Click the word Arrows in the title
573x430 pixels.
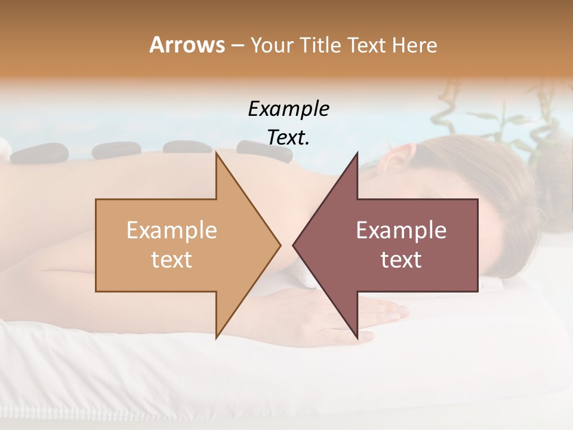(186, 45)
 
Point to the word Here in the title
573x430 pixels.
(415, 45)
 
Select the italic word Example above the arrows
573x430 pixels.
(288, 109)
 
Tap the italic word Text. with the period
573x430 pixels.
(288, 137)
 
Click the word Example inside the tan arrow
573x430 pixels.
(172, 231)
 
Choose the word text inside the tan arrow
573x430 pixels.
(172, 260)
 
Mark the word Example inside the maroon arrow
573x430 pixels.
(401, 231)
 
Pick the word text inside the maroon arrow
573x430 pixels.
(401, 260)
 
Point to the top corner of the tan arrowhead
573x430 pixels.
(216, 153)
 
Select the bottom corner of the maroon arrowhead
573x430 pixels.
(357, 337)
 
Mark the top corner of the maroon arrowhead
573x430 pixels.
(357, 153)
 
